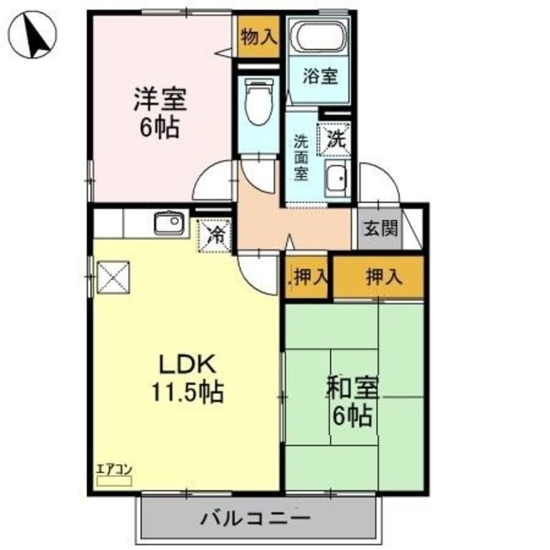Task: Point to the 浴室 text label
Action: click(320, 76)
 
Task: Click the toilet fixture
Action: click(257, 102)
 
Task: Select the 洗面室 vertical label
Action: click(301, 157)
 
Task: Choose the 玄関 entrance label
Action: click(379, 229)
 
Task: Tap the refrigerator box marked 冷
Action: click(215, 232)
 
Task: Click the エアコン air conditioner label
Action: click(113, 469)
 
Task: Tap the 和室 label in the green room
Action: click(351, 388)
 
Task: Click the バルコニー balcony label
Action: click(256, 518)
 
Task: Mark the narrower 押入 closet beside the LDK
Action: click(309, 277)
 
